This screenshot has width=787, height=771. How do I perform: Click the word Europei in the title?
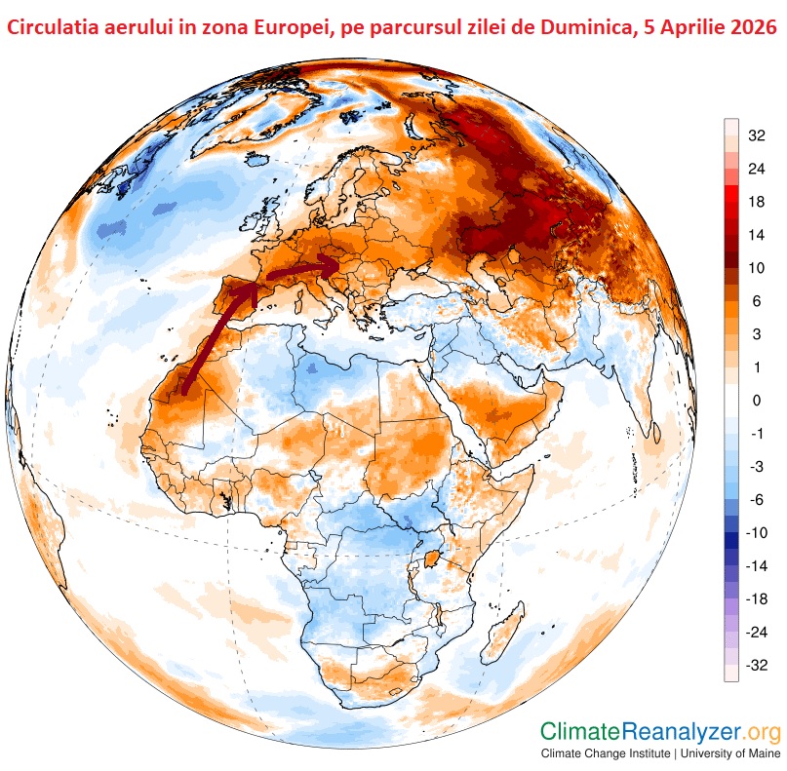(289, 28)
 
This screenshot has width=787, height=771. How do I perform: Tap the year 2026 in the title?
(746, 28)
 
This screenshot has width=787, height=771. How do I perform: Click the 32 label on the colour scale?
(757, 135)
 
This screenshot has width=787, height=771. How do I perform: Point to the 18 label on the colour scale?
(757, 202)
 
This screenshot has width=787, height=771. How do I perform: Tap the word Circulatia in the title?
(54, 28)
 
